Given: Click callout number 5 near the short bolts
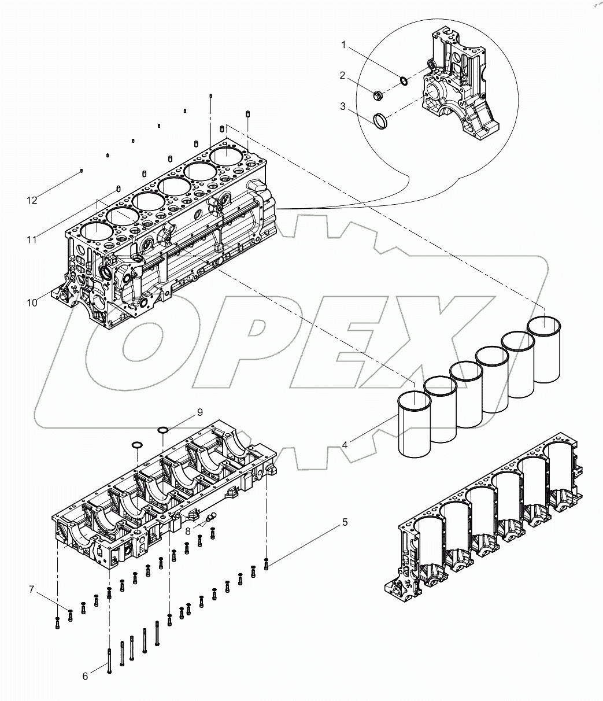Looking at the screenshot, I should click(x=345, y=522).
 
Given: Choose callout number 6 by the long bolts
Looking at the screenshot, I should click(x=85, y=676).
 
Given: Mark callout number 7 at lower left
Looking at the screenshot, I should click(x=32, y=590).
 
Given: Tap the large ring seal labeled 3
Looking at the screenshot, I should click(x=380, y=121).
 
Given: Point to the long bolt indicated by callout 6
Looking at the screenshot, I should click(x=109, y=659).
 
